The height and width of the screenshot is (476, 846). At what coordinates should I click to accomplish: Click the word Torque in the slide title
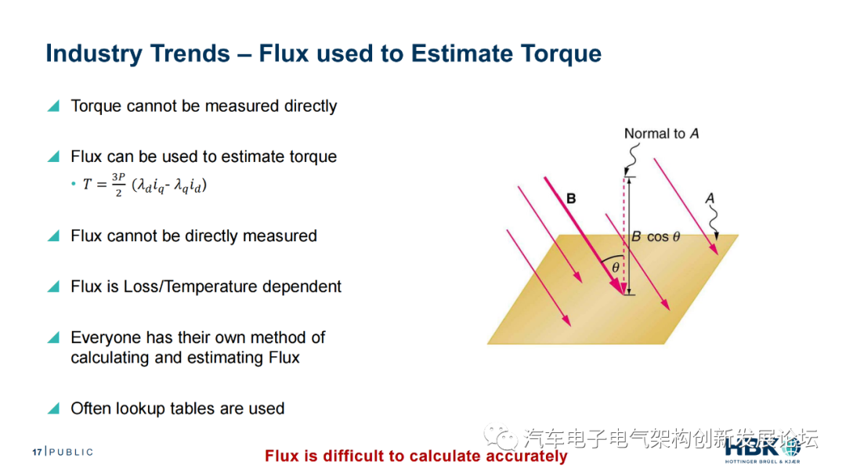pyautogui.click(x=561, y=54)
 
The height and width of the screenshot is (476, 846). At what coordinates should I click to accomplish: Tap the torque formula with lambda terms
pyautogui.click(x=145, y=185)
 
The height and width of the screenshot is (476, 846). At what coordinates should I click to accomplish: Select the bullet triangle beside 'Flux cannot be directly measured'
pyautogui.click(x=53, y=236)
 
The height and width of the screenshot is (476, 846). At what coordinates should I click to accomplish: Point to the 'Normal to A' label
pyautogui.click(x=661, y=134)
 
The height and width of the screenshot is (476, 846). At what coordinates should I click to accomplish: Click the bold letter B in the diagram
pyautogui.click(x=571, y=198)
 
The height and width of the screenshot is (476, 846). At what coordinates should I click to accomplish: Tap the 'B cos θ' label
pyautogui.click(x=656, y=236)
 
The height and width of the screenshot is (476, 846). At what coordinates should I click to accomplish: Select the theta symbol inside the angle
pyautogui.click(x=615, y=268)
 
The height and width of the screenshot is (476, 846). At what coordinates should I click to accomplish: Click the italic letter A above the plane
pyautogui.click(x=710, y=198)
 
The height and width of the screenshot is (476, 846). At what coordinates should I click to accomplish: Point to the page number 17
pyautogui.click(x=37, y=453)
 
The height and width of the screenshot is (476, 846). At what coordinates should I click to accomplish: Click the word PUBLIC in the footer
pyautogui.click(x=71, y=452)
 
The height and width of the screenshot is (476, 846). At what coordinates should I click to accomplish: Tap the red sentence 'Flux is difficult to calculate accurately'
pyautogui.click(x=416, y=456)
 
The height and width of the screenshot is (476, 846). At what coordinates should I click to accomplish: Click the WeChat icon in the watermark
pyautogui.click(x=500, y=437)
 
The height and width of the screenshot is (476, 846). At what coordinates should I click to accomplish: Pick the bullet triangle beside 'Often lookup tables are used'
pyautogui.click(x=53, y=409)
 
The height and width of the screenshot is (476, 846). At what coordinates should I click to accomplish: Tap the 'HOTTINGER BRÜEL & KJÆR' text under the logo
pyautogui.click(x=762, y=461)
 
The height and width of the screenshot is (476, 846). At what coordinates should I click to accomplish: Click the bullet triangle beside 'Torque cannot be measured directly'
pyautogui.click(x=53, y=106)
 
